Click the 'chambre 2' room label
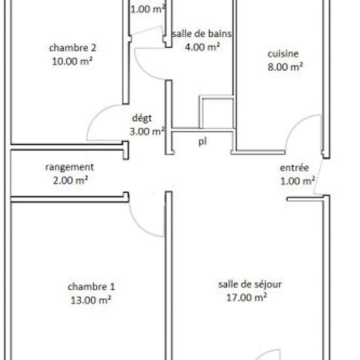(x=73, y=48)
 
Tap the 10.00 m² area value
(x=72, y=62)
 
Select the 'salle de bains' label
(x=202, y=34)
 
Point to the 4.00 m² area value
(x=202, y=47)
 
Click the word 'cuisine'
(x=283, y=54)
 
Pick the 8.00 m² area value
(x=285, y=67)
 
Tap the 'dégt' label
(x=142, y=118)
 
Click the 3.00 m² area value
(x=147, y=132)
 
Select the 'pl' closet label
(x=202, y=141)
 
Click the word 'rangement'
(x=69, y=168)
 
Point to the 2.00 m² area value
(x=71, y=180)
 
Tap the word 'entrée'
(x=294, y=168)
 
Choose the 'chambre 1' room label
(x=91, y=287)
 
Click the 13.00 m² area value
(x=91, y=300)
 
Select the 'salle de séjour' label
(x=250, y=285)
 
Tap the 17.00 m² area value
(x=247, y=298)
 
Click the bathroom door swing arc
(x=143, y=69)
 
